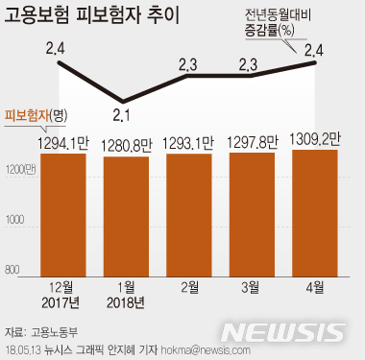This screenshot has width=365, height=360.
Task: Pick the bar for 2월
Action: coord(188,211)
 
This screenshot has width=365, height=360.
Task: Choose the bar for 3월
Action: coord(249,211)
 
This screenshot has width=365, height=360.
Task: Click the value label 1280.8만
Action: coord(128,147)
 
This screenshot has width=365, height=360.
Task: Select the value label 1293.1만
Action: coord(188,144)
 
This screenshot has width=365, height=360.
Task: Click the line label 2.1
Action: coord(122,116)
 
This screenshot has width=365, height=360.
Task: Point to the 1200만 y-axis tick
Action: coord(20,169)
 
